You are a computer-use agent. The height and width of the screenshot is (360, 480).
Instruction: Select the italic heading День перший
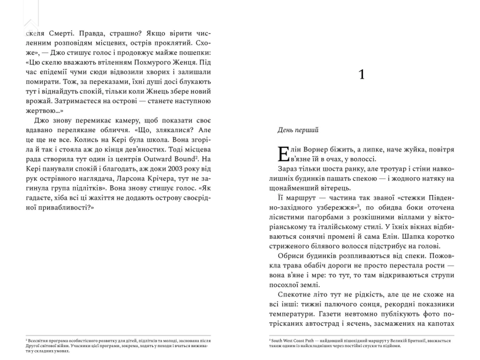[297, 130]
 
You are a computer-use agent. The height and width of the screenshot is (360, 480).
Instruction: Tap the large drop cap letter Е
[283, 153]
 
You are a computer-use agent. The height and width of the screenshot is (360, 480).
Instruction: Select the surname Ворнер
[316, 149]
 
